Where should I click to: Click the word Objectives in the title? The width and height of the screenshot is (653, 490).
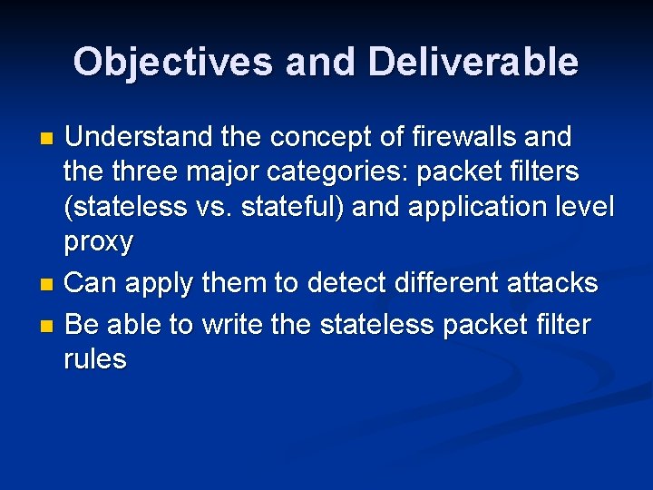point(173,62)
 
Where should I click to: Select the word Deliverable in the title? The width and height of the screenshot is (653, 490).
point(473,62)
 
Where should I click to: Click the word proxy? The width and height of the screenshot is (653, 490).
point(98,242)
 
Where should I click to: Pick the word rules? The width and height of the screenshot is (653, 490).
point(95,358)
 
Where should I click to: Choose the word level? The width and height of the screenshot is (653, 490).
point(585,206)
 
